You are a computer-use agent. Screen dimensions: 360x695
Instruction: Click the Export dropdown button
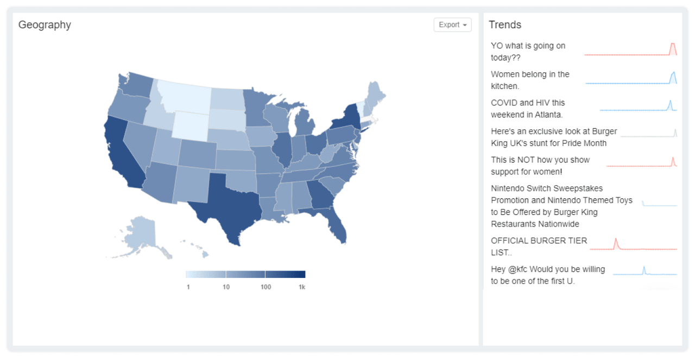[x=452, y=25]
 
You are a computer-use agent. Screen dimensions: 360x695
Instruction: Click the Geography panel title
[x=45, y=25]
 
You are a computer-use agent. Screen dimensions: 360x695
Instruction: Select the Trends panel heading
[x=504, y=25]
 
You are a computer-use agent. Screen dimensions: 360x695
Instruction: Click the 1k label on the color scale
[x=302, y=287]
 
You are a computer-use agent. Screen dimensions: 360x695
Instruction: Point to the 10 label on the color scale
[x=226, y=287]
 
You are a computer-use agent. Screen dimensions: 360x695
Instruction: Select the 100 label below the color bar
[x=266, y=287]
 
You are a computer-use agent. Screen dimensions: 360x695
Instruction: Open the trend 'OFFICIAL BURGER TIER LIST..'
[x=539, y=247]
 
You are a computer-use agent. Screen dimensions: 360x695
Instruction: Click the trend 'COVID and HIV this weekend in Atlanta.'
[x=527, y=109]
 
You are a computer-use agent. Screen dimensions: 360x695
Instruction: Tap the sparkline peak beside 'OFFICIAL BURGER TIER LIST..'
[x=616, y=239]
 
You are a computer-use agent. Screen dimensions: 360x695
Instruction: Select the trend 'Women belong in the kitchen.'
[x=529, y=80]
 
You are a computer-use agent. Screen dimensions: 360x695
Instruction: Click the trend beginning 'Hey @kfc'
[x=547, y=275]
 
